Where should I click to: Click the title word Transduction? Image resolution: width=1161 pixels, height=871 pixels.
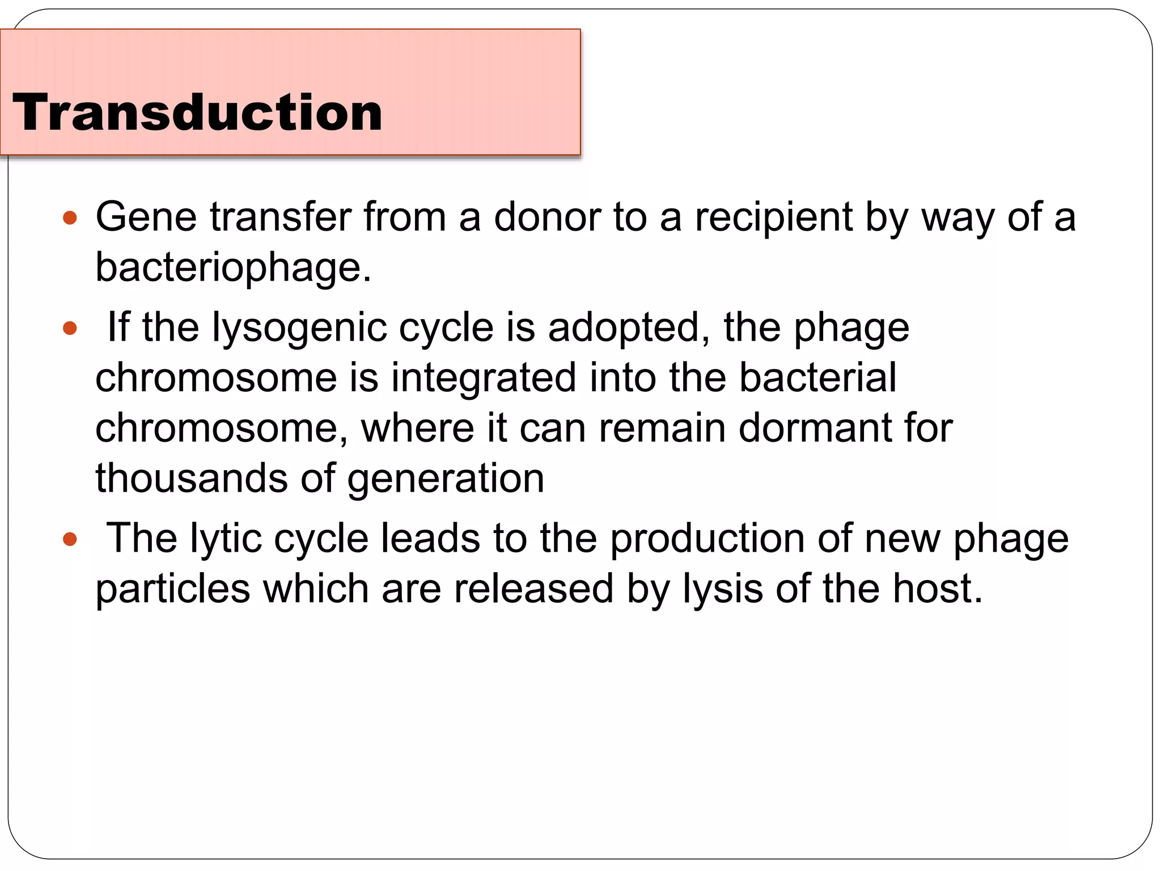click(197, 112)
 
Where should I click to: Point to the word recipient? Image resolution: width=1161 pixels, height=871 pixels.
click(774, 218)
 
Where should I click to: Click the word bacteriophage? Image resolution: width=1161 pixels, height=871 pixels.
click(232, 267)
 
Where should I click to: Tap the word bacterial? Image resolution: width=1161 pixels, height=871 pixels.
click(817, 378)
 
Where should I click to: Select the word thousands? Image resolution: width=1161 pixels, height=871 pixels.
click(192, 478)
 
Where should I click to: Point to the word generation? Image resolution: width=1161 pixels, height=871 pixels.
click(446, 479)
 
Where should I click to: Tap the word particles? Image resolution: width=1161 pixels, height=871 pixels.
click(172, 589)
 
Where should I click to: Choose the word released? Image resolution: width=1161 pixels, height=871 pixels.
click(533, 589)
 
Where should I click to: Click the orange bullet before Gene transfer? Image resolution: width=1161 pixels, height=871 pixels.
click(70, 218)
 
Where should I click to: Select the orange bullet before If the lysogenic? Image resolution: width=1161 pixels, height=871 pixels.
click(70, 328)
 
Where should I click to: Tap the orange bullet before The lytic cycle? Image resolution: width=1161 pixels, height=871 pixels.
click(70, 539)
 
